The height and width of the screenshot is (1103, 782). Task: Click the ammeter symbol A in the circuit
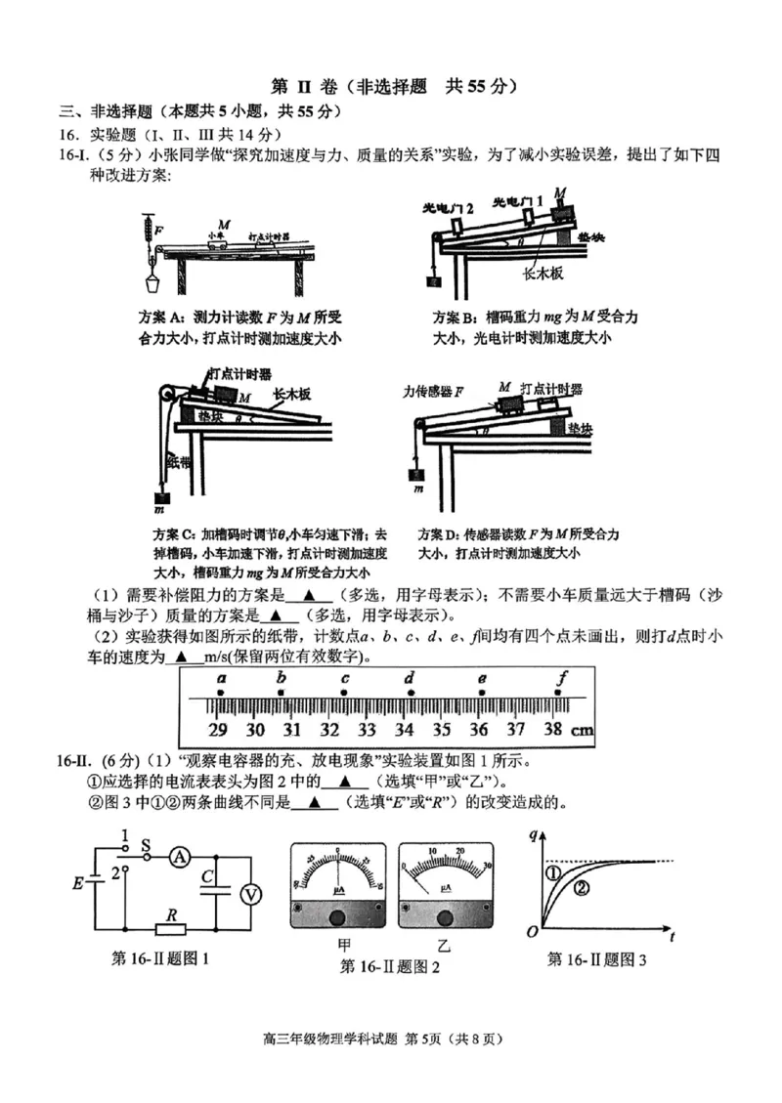click(x=180, y=856)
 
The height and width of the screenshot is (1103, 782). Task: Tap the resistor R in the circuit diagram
click(x=171, y=927)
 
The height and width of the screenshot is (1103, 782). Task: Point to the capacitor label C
click(x=206, y=877)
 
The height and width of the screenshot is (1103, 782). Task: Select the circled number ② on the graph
click(x=583, y=887)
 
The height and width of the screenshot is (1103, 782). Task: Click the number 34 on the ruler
click(x=404, y=729)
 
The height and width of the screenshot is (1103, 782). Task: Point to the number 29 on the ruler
click(x=218, y=729)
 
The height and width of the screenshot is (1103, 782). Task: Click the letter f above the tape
click(x=561, y=677)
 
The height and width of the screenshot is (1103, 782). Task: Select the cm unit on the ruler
click(x=582, y=729)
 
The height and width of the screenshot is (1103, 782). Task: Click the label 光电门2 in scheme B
click(x=448, y=208)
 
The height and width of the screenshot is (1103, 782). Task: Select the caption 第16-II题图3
click(x=597, y=959)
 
